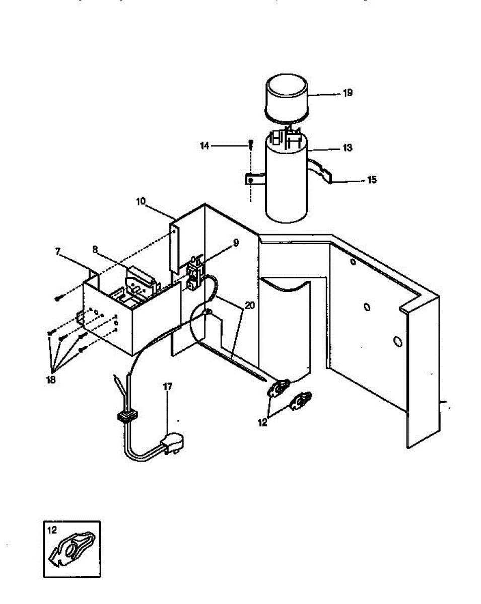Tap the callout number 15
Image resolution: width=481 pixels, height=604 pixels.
(x=372, y=180)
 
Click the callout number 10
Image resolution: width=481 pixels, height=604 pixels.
(x=141, y=202)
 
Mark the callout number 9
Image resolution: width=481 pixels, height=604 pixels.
(x=236, y=243)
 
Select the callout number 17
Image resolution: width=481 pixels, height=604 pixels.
(x=168, y=387)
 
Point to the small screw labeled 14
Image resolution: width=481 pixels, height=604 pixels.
(x=250, y=145)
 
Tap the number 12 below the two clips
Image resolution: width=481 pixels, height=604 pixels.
(x=262, y=423)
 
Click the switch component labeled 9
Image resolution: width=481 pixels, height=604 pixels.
(x=194, y=274)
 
